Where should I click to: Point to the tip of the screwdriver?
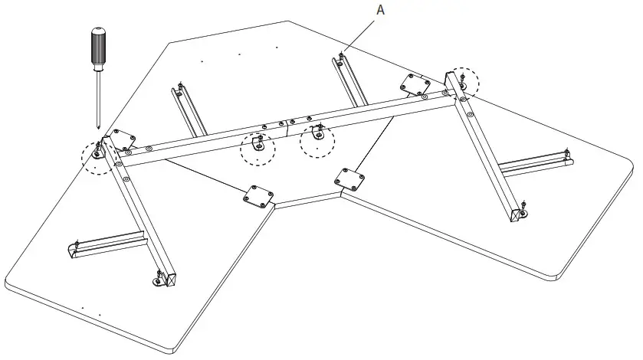coord(98,126)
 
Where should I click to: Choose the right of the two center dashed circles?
coord(317,139)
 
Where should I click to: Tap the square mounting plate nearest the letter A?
coord(415,85)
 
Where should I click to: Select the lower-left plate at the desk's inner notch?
coord(258,195)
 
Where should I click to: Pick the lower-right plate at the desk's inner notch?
coord(349,179)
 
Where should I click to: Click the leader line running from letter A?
coord(359,34)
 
